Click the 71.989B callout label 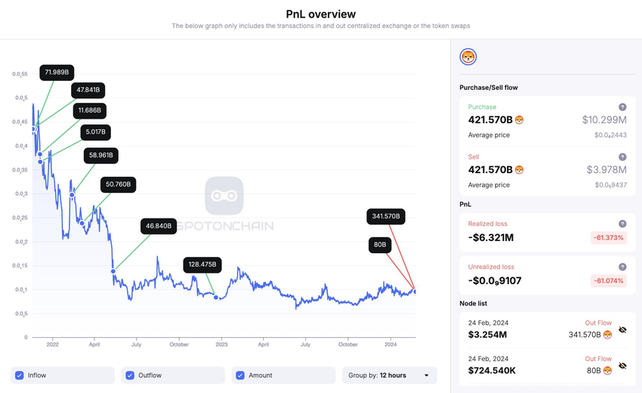click(57, 73)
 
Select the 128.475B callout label click(202, 265)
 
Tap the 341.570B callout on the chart click(387, 217)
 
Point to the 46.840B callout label click(159, 225)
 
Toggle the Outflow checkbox click(130, 375)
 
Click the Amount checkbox click(240, 375)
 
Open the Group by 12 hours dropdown click(389, 375)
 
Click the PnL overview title click(321, 14)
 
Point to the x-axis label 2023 click(221, 345)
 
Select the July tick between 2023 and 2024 click(306, 345)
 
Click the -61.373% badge click(608, 238)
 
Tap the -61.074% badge click(608, 281)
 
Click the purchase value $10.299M click(604, 120)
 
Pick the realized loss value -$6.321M click(492, 237)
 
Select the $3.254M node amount click(489, 334)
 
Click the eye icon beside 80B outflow click(622, 366)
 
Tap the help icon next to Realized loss click(622, 224)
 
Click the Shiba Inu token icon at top click(468, 57)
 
